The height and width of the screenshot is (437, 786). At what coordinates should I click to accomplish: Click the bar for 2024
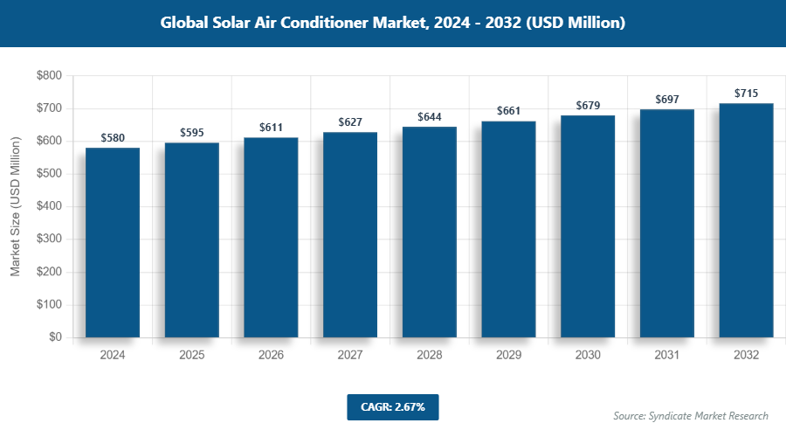point(113,242)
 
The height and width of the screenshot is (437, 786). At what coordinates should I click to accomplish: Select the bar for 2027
point(350,234)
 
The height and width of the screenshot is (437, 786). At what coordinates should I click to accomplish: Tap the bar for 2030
point(588,226)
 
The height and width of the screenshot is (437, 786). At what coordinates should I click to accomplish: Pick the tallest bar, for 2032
point(746,220)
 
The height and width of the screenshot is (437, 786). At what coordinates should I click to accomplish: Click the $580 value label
point(113,138)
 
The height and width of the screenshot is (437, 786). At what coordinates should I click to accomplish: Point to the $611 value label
point(271,128)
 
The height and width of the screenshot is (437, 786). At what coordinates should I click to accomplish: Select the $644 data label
point(430,117)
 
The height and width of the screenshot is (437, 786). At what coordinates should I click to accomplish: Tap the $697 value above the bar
point(667,100)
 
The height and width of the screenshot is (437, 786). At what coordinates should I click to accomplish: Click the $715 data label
point(746,94)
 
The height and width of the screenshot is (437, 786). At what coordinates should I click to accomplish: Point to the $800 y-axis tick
point(48,76)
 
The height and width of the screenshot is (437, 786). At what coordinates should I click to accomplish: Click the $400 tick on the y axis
point(48,207)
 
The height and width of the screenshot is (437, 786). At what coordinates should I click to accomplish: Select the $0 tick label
point(54,337)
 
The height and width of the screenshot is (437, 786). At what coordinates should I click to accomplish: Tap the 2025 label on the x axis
point(192,356)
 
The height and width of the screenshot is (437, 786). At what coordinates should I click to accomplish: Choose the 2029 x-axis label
point(509,356)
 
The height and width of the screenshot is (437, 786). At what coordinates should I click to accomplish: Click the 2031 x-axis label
point(667,356)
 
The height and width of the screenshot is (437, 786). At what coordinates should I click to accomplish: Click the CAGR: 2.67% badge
point(392,407)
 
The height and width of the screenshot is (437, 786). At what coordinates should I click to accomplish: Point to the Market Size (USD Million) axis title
point(15,207)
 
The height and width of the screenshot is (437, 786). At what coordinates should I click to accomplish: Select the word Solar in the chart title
point(229,24)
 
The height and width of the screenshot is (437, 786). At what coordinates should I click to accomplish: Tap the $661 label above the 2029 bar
point(509,111)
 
